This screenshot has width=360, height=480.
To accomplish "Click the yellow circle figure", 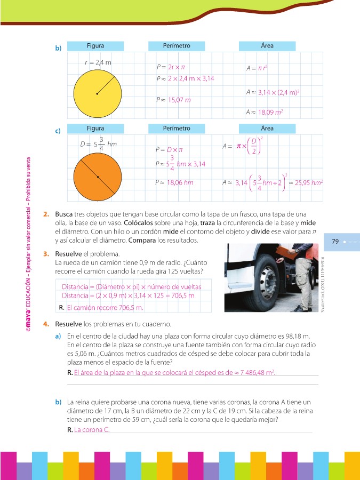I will pos(97,94).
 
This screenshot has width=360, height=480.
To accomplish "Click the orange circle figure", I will pos(97,177).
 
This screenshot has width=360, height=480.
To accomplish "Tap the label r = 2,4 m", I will pos(98,62).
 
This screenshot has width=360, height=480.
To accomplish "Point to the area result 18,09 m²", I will pos(270,113).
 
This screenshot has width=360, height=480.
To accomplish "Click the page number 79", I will pos(335,242).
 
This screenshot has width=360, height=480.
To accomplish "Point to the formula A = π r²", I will pos(257,68).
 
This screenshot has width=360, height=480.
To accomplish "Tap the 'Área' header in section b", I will pos(267,46).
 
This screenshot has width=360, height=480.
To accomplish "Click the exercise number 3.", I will pos(46,254).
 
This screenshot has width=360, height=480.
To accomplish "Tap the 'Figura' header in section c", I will pos(95,129).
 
